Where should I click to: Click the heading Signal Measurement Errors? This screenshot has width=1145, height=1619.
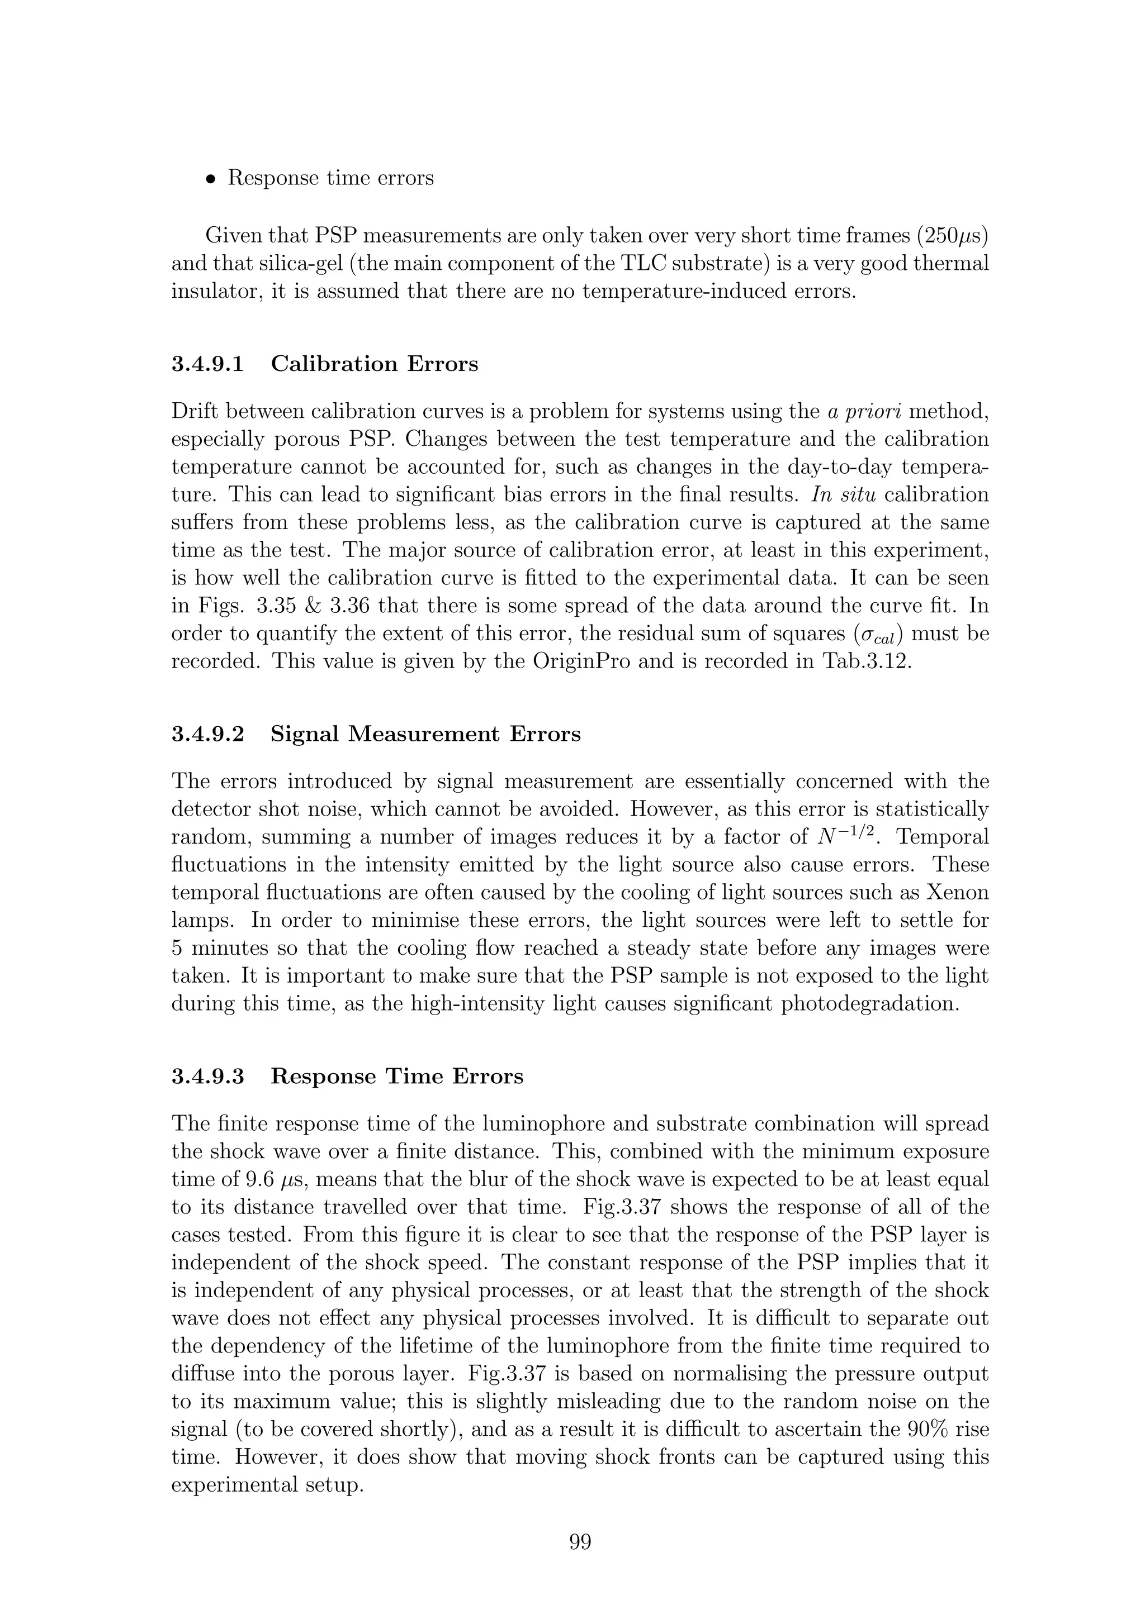(x=425, y=734)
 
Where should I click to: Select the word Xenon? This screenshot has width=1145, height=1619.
(x=957, y=893)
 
